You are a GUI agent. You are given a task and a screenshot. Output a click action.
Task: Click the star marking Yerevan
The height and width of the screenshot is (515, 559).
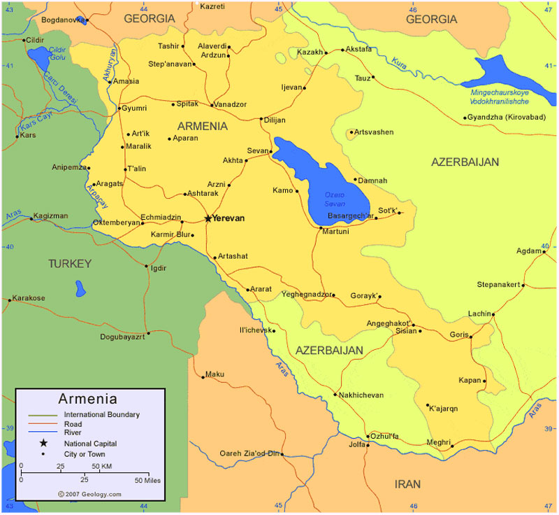tap(208, 218)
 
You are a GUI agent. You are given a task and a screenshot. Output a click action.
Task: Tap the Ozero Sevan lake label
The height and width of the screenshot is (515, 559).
tap(335, 199)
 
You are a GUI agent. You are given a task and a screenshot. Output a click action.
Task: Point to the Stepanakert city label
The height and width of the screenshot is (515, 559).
tap(498, 285)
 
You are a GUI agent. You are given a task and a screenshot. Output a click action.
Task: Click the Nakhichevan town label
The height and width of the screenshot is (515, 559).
tap(362, 395)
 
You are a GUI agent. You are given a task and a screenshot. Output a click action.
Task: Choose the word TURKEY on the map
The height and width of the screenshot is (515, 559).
tap(70, 264)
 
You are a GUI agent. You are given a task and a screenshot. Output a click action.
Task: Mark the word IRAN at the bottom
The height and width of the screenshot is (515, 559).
tap(408, 484)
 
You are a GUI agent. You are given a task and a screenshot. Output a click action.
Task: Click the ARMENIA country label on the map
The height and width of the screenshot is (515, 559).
tap(203, 126)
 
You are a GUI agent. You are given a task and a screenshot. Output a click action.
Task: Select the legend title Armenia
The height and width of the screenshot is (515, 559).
tap(87, 400)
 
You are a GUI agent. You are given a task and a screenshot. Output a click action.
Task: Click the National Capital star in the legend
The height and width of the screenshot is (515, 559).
tap(43, 443)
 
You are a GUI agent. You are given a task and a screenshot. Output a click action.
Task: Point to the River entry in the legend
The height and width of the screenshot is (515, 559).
tap(73, 433)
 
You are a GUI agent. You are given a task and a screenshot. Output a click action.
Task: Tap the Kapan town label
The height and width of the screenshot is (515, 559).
tap(470, 381)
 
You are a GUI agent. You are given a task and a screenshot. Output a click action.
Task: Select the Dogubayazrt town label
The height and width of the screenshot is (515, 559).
tap(122, 338)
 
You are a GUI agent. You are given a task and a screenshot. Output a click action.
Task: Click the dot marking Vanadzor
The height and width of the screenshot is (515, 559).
tap(212, 105)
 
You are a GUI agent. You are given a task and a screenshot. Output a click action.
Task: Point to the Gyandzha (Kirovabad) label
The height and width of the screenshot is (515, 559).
tap(506, 117)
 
